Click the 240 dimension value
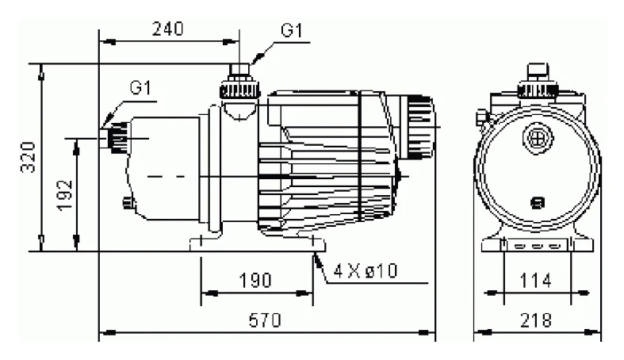pyautogui.click(x=167, y=29)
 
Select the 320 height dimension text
pyautogui.click(x=29, y=158)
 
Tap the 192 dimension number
pyautogui.click(x=64, y=195)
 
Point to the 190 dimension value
pyautogui.click(x=255, y=281)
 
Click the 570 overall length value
pyautogui.click(x=265, y=320)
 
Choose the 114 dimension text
pyautogui.click(x=536, y=281)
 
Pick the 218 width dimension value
pyautogui.click(x=536, y=320)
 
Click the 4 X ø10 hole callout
pyautogui.click(x=366, y=271)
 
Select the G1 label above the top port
pyautogui.click(x=292, y=30)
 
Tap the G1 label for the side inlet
pyautogui.click(x=141, y=87)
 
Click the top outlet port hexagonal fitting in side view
pyautogui.click(x=239, y=70)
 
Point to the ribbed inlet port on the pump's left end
pyautogui.click(x=115, y=138)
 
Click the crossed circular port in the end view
pyautogui.click(x=538, y=138)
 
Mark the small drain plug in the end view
pyautogui.click(x=538, y=203)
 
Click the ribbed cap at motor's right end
pyautogui.click(x=420, y=127)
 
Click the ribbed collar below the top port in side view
pyautogui.click(x=240, y=91)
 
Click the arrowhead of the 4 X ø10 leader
pyautogui.click(x=317, y=261)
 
